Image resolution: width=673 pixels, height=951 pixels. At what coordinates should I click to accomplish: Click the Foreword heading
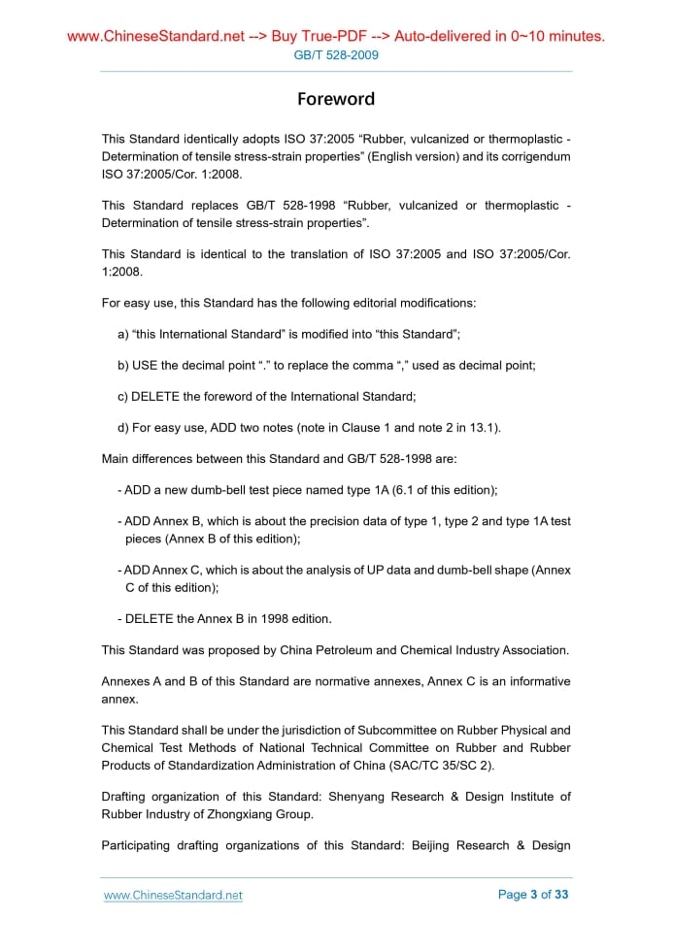tap(336, 99)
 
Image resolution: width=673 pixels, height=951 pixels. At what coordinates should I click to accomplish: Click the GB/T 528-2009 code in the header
tap(336, 55)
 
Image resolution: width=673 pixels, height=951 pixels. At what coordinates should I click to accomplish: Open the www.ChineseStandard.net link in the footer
tap(173, 895)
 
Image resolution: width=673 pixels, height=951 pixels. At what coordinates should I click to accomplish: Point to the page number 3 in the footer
tap(533, 895)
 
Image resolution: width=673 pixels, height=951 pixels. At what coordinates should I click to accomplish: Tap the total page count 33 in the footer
tap(561, 895)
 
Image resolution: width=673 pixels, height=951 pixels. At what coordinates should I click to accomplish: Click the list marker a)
tap(123, 334)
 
